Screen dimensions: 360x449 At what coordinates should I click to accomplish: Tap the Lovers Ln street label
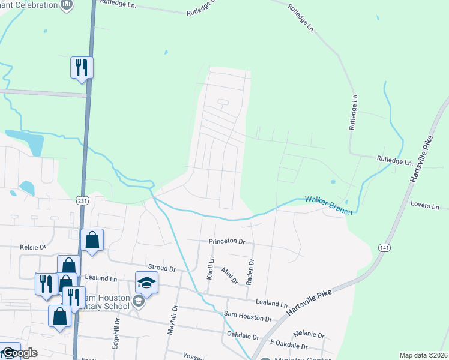(425, 206)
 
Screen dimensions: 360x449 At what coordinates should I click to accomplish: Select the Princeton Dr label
(227, 241)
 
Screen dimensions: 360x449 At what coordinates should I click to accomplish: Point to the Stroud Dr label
(161, 268)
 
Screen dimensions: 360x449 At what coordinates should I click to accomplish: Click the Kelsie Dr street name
(34, 247)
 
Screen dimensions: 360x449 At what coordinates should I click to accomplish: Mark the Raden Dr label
(252, 270)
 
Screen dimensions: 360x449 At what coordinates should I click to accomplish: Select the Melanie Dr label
(309, 335)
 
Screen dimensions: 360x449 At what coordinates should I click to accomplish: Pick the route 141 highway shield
(385, 247)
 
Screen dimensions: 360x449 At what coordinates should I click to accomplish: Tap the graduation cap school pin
(147, 282)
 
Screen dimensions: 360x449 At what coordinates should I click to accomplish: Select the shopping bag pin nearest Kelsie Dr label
(92, 240)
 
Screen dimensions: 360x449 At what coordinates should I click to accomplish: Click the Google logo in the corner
(19, 353)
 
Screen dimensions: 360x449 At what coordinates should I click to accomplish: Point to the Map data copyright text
(423, 355)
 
